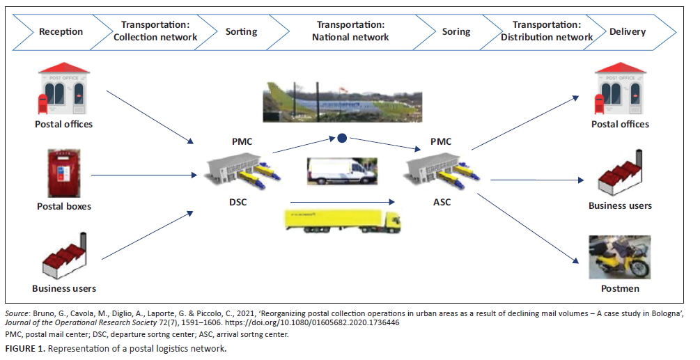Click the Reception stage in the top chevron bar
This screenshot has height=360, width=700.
(x=61, y=31)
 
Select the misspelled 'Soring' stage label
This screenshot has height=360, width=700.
(x=456, y=31)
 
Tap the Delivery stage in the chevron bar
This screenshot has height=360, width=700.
(x=627, y=31)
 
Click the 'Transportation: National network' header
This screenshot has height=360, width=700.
(x=350, y=31)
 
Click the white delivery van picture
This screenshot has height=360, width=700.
(x=342, y=171)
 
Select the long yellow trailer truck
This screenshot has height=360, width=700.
(x=342, y=219)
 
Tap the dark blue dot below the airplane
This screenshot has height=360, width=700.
(x=342, y=138)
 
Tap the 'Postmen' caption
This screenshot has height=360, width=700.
(x=620, y=288)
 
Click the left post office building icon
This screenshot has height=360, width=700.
(x=64, y=91)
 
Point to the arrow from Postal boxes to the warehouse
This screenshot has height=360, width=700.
(x=143, y=175)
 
